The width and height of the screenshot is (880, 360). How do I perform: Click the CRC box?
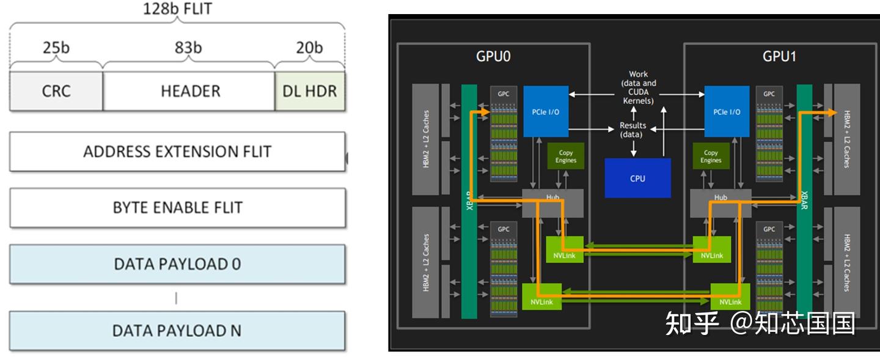pyautogui.click(x=56, y=91)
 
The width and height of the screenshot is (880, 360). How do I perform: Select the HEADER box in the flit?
pyautogui.click(x=189, y=91)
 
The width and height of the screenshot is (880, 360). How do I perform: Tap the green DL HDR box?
pyautogui.click(x=310, y=91)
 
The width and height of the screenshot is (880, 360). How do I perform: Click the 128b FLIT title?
pyautogui.click(x=177, y=9)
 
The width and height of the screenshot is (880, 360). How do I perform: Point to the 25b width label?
pyautogui.click(x=56, y=48)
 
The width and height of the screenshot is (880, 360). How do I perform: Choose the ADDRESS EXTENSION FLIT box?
pyautogui.click(x=177, y=152)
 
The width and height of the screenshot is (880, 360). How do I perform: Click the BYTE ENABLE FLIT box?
pyautogui.click(x=177, y=207)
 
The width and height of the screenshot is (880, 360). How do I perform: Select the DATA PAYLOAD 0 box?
pyautogui.click(x=177, y=264)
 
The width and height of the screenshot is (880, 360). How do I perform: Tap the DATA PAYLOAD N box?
pyautogui.click(x=177, y=331)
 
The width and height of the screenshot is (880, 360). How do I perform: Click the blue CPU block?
pyautogui.click(x=637, y=178)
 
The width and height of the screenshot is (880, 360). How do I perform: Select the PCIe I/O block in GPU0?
pyautogui.click(x=546, y=111)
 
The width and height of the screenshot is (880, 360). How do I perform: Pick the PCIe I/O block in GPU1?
pyautogui.click(x=727, y=111)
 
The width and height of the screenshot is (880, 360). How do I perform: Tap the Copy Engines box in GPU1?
pyautogui.click(x=711, y=156)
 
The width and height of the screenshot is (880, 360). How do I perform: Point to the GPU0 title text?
pyautogui.click(x=493, y=57)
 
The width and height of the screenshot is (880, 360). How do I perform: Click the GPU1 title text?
pyautogui.click(x=779, y=57)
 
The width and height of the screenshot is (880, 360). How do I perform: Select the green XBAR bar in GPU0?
pyautogui.click(x=469, y=202)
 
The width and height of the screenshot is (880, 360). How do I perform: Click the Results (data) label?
pyautogui.click(x=632, y=129)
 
